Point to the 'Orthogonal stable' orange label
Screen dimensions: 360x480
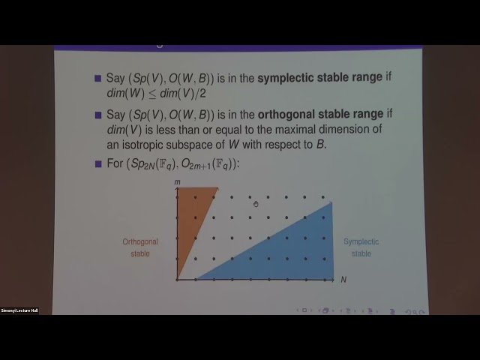[x=140, y=247]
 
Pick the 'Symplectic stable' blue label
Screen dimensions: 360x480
[x=361, y=247]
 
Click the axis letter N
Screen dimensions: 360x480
[x=343, y=280]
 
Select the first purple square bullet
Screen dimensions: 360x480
[x=97, y=79]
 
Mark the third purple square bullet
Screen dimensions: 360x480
[x=97, y=164]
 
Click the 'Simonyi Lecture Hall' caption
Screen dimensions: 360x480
[x=19, y=310]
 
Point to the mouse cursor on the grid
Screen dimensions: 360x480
[x=256, y=204]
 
